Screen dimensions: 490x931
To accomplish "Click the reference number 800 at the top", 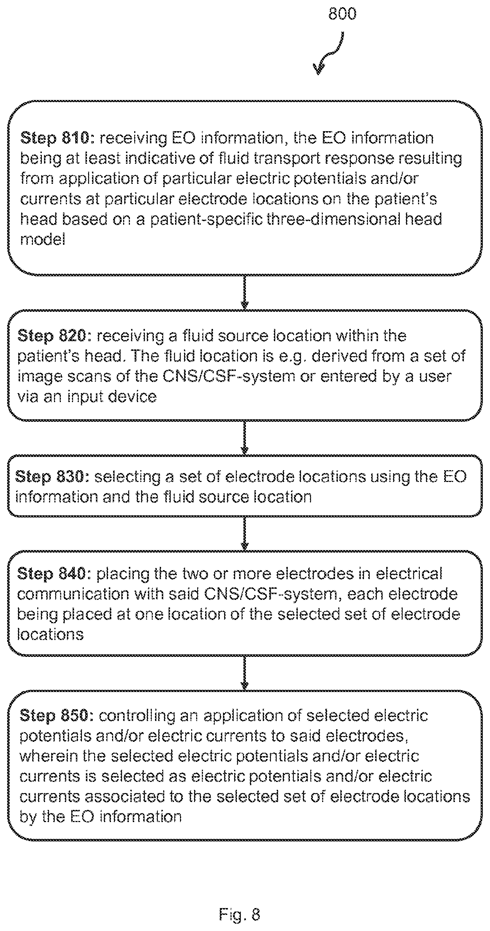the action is click(342, 14).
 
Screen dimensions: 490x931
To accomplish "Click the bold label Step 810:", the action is click(57, 138).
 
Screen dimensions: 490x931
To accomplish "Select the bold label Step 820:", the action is click(55, 336).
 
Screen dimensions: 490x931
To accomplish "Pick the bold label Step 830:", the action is click(53, 477).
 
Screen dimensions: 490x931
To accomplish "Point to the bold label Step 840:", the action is click(55, 574).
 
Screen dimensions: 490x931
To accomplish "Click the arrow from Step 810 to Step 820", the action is click(244, 292).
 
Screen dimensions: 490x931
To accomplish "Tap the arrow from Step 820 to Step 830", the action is click(244, 438).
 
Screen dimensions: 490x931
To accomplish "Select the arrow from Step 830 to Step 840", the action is click(244, 534).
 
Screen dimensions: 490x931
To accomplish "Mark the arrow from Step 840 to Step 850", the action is click(244, 673).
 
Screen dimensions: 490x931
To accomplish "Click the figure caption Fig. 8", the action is click(239, 915).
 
